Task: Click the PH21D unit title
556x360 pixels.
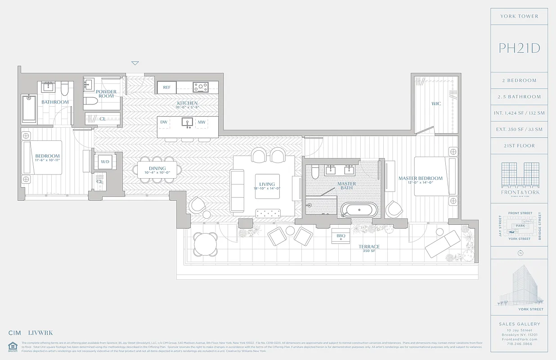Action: (519, 49)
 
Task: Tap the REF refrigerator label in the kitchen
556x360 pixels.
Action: (166, 87)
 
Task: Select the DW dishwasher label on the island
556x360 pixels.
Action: (164, 122)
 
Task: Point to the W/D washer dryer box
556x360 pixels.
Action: (105, 162)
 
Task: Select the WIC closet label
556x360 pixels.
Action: (436, 103)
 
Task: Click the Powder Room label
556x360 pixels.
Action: (107, 94)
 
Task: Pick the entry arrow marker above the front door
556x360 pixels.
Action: (135, 63)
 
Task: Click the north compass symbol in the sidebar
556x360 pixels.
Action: (520, 253)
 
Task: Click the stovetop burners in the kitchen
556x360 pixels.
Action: (201, 87)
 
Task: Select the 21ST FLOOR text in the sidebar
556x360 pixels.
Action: (519, 146)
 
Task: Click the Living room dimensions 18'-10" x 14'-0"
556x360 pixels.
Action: (267, 189)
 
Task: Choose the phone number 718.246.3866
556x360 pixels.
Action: (519, 343)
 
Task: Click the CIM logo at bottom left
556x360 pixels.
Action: (15, 333)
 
